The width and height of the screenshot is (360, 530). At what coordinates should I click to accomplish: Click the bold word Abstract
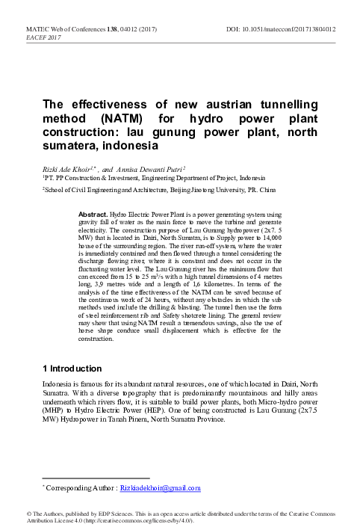pyautogui.click(x=93, y=213)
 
